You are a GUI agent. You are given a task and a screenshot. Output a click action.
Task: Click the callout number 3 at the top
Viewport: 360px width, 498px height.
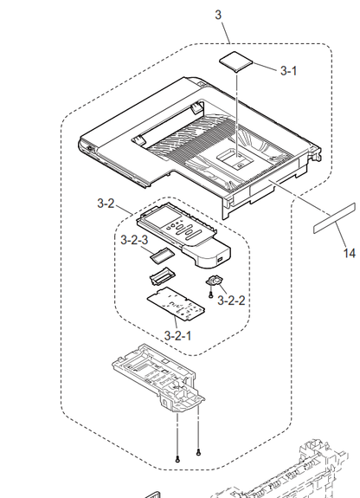tap(218, 15)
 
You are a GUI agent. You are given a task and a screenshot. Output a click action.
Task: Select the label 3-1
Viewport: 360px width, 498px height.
tap(288, 71)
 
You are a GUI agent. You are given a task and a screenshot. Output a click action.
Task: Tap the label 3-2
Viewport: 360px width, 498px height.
tap(106, 204)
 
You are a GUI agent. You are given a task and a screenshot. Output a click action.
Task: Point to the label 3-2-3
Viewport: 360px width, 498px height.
tap(134, 240)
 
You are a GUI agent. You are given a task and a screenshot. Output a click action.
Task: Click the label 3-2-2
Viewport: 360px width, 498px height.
tap(231, 301)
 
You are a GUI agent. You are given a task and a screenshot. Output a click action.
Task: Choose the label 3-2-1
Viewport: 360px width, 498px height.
tap(177, 335)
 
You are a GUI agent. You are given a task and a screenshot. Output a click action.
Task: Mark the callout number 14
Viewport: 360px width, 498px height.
tap(350, 253)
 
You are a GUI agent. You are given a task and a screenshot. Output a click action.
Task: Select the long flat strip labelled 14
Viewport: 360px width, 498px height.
tap(334, 218)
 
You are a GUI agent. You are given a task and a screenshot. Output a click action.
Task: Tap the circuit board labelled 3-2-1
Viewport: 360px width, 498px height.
tap(176, 303)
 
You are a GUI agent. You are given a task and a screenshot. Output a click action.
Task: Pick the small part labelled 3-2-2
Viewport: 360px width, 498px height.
tap(214, 281)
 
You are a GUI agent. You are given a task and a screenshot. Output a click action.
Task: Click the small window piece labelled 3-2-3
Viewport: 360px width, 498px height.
tap(163, 255)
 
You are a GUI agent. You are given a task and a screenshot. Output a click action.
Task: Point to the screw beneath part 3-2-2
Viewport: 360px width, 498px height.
tap(211, 295)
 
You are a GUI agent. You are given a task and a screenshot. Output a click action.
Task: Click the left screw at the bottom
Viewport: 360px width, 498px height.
tap(177, 459)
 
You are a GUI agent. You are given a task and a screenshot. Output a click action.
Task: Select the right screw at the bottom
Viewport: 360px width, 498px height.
tap(198, 452)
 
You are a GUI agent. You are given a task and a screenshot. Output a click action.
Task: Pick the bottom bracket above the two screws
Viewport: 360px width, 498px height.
tap(158, 378)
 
